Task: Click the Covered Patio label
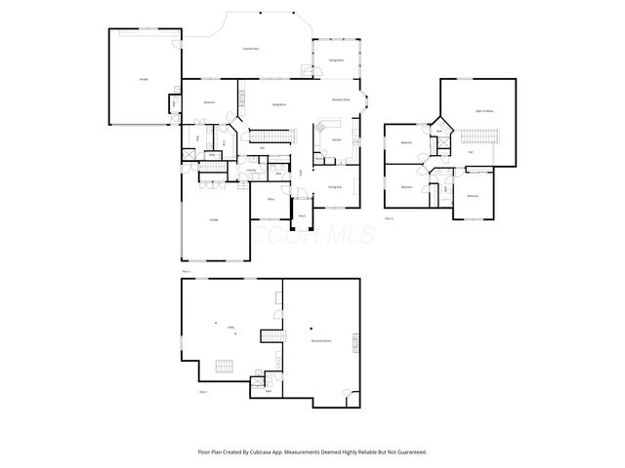coord(250,48)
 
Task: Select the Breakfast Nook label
coord(341,98)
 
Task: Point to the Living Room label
coord(278,103)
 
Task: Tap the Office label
coord(271,198)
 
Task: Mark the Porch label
coord(303,214)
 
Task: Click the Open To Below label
coord(482,111)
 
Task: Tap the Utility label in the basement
coord(231,327)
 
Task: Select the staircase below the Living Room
coord(263,135)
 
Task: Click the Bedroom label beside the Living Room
coord(209,102)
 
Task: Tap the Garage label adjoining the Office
coord(213,220)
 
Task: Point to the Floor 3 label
coord(389,218)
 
